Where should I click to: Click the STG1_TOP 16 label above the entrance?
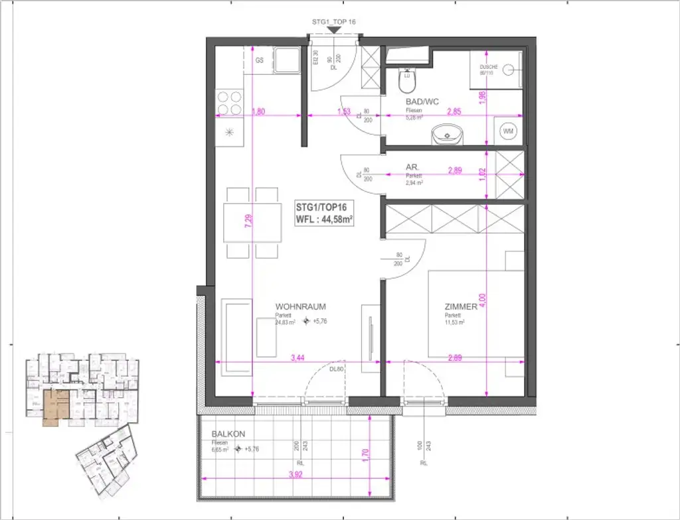coord(334,22)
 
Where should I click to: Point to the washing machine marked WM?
coord(509,132)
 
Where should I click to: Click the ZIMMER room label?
coord(461,307)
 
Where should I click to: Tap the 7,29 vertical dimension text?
coord(248,218)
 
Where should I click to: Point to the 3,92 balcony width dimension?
coord(294,475)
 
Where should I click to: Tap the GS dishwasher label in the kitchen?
coord(260,60)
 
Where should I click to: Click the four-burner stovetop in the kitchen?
coord(230,102)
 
